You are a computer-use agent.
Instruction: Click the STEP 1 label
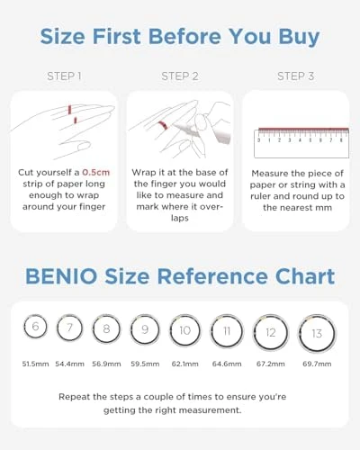tap(64, 76)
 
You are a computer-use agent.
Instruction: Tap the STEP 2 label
tap(179, 76)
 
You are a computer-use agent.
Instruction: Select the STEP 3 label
tap(295, 76)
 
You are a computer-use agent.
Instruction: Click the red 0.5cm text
tap(95, 172)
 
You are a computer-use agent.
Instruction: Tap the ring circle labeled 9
tap(144, 329)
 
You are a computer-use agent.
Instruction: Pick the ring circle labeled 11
tap(226, 331)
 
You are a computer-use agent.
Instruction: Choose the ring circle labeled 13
tap(316, 333)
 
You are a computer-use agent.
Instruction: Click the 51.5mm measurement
tap(35, 363)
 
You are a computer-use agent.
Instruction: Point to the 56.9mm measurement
tap(106, 363)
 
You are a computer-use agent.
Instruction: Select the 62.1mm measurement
tap(184, 363)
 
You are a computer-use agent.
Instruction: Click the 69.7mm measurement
tap(316, 363)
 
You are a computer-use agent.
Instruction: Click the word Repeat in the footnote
tap(76, 396)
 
